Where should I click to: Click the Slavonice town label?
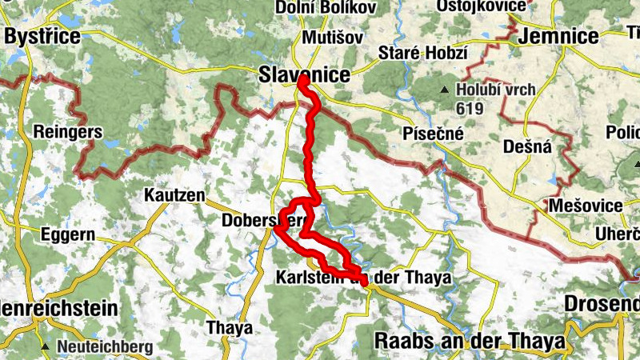click(x=305, y=74)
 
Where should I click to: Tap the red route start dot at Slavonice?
click(x=302, y=81)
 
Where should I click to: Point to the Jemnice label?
click(x=558, y=36)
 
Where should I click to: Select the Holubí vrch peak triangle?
click(x=445, y=89)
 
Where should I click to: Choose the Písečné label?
click(x=434, y=134)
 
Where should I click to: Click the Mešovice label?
click(x=586, y=206)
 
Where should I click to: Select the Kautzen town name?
click(x=174, y=195)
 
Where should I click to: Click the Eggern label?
click(x=68, y=235)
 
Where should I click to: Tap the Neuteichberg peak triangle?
click(x=46, y=346)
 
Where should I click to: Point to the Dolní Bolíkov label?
click(x=315, y=7)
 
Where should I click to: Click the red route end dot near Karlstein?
click(x=364, y=281)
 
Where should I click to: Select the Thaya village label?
click(x=229, y=327)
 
